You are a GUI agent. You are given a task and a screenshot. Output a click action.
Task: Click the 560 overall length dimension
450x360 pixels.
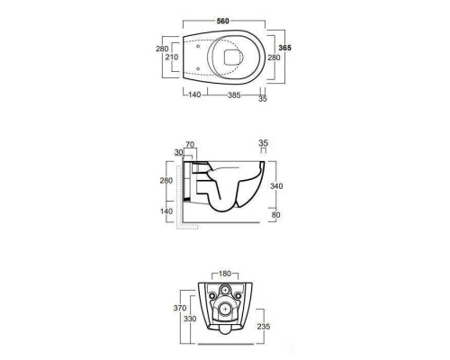pos(223,21)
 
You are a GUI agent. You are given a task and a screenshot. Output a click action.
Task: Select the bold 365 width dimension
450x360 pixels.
pos(284,48)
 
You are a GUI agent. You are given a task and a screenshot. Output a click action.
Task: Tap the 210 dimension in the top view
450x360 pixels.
pos(172,57)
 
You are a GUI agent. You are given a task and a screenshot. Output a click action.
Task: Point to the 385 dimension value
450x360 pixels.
pos(234,95)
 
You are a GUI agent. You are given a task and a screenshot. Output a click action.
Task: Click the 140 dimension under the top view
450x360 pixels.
pos(194,94)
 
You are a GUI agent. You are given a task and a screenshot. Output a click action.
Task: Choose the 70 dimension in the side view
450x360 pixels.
pos(190,145)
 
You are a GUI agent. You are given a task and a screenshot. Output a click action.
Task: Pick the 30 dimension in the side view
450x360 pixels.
pos(179,152)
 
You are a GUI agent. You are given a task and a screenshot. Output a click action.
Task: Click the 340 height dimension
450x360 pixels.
pos(276,186)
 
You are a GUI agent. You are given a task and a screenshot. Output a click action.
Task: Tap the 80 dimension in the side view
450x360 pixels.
pos(275,215)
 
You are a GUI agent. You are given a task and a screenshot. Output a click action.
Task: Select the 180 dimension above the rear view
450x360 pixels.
pos(225,274)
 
